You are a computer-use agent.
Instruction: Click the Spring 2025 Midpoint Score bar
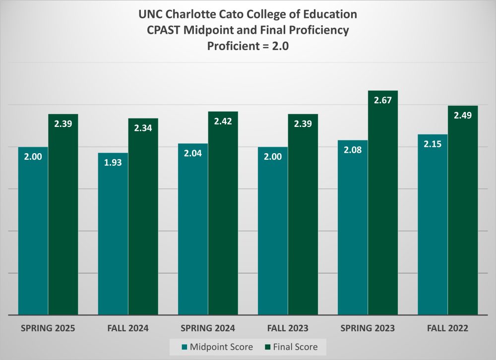[x=33, y=231]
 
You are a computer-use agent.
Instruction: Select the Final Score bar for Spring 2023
[x=383, y=203]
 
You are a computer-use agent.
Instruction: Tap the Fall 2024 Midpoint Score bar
[x=113, y=234]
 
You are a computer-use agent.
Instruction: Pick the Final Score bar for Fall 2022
[x=463, y=211]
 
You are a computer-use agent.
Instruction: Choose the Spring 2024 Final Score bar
[x=223, y=213]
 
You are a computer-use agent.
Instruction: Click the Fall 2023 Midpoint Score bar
[x=273, y=231]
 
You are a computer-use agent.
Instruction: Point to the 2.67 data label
[x=383, y=100]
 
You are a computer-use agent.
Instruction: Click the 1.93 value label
[x=113, y=162]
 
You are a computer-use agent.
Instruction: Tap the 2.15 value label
[x=433, y=144]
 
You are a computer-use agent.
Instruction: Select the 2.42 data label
[x=223, y=121]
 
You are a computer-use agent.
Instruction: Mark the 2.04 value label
[x=193, y=153]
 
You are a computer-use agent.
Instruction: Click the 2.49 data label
[x=463, y=115]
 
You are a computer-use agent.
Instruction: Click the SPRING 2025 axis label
[x=49, y=328]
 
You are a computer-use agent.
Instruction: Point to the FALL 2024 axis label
[x=128, y=328]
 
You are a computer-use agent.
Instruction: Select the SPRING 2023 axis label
[x=368, y=328]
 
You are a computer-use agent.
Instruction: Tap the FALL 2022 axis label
[x=447, y=328]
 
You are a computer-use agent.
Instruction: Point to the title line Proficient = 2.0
[x=248, y=47]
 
